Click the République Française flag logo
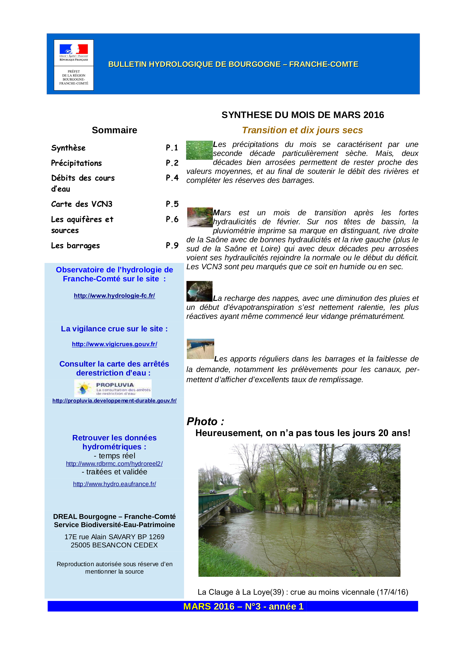(74, 49)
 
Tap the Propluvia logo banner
(113, 388)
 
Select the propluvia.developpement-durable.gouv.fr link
(114, 401)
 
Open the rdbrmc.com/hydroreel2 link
(114, 463)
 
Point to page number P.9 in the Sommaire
(172, 246)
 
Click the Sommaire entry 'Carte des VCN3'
(82, 204)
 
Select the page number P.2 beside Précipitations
(172, 163)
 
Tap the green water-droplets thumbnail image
(199, 150)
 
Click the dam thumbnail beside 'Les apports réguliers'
(200, 349)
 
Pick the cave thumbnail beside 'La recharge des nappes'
(199, 291)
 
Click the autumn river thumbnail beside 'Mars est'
(200, 217)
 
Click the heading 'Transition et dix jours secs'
(302, 130)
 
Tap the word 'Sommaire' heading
(114, 130)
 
